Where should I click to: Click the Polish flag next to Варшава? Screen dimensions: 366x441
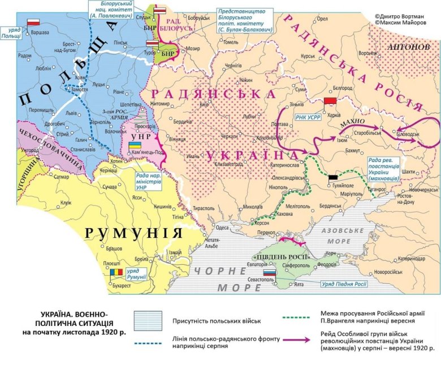click(34, 22)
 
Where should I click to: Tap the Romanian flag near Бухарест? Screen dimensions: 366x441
click(115, 273)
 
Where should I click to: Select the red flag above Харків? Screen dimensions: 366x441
click(330, 101)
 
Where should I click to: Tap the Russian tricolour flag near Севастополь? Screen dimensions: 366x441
click(270, 272)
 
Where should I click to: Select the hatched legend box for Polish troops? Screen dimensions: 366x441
click(150, 321)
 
